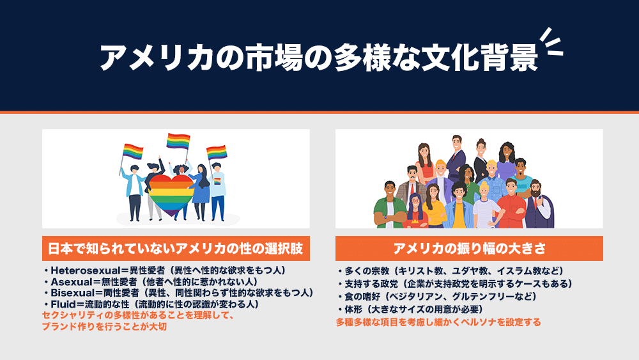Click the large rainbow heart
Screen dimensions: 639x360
171,195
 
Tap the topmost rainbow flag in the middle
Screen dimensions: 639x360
178,141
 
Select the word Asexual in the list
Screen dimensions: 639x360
72,282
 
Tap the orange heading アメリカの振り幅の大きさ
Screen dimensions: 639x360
469,248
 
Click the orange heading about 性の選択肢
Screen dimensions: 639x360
176,248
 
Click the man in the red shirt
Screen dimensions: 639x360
512,204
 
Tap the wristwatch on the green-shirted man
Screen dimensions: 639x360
385,217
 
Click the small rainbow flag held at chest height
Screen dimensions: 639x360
217,180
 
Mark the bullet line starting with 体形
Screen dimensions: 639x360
410,309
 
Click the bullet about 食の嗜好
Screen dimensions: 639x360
437,297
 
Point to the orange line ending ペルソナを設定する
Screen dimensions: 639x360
438,322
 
